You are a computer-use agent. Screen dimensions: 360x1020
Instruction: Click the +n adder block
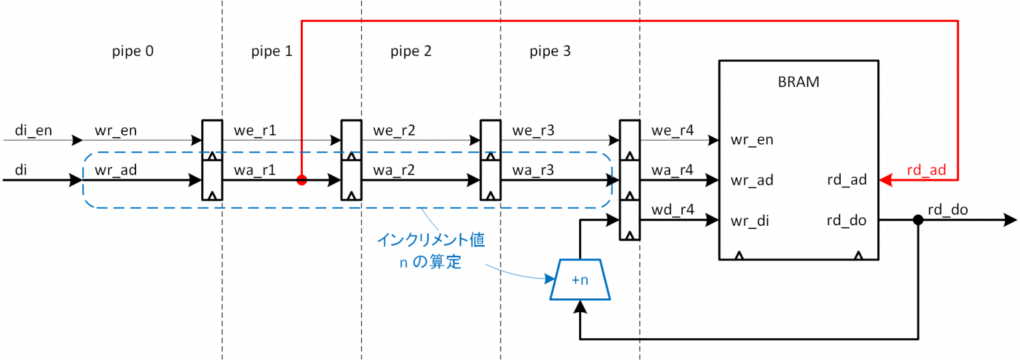pos(580,280)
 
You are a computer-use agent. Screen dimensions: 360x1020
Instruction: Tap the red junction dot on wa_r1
pos(301,180)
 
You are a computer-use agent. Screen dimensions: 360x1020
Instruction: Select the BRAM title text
pos(798,82)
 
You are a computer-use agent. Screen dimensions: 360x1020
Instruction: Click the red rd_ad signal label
pos(926,171)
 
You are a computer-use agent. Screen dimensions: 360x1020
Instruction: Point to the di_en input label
pos(33,131)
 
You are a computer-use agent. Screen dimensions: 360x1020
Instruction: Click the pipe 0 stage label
pos(133,51)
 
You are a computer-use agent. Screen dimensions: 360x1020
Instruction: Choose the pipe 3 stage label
pos(550,51)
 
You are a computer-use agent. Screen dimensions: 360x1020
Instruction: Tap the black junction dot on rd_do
pos(918,221)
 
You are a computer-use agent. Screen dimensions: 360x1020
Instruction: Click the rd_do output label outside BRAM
pos(948,210)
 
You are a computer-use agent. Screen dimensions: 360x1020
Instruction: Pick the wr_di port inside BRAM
pos(751,221)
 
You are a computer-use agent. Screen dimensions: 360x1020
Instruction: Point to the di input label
pos(21,171)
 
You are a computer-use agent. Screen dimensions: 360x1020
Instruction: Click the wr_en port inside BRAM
pos(752,140)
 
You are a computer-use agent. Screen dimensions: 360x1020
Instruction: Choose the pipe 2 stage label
pos(411,51)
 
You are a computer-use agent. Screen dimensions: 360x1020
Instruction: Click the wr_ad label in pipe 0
pos(116,171)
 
